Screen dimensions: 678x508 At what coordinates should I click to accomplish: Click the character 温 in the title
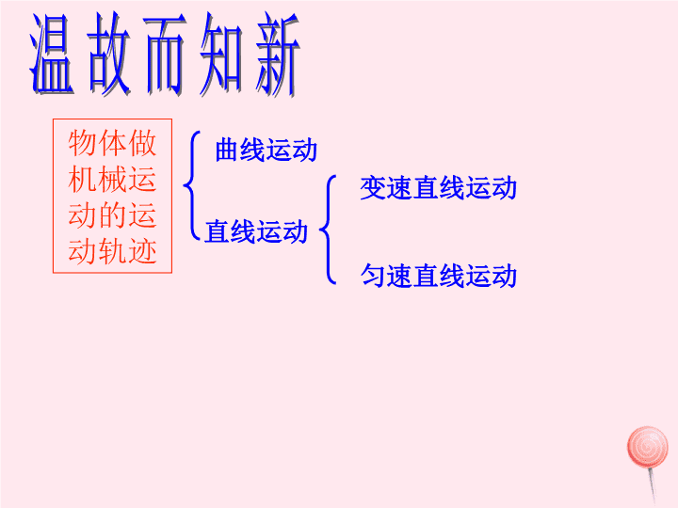coord(52,54)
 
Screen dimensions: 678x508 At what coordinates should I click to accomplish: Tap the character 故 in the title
coord(109,54)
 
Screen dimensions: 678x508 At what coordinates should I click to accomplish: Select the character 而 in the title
coord(165,54)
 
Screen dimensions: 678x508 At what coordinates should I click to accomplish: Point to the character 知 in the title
coord(221,54)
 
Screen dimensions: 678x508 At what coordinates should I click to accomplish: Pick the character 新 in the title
coord(277,54)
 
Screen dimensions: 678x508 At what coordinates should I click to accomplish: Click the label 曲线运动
coord(266,150)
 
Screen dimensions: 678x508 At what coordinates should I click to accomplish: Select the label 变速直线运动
coord(439,188)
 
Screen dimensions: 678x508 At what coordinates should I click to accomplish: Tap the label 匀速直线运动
coord(439,276)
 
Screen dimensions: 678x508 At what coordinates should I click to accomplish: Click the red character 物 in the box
coord(82,143)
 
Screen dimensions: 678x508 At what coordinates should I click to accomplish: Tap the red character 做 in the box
coord(142,143)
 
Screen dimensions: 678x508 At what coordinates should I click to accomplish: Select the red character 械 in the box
coord(112,179)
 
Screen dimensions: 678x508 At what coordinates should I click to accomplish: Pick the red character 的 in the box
coord(112,214)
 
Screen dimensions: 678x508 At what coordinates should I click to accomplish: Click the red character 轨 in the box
coord(112,250)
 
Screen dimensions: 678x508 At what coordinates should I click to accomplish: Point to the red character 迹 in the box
coord(142,250)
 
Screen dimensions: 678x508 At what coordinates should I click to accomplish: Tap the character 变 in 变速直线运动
coord(373,188)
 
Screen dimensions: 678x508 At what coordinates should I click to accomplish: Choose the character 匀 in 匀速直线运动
coord(373,276)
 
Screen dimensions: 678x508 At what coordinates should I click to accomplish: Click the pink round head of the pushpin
coord(647,447)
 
